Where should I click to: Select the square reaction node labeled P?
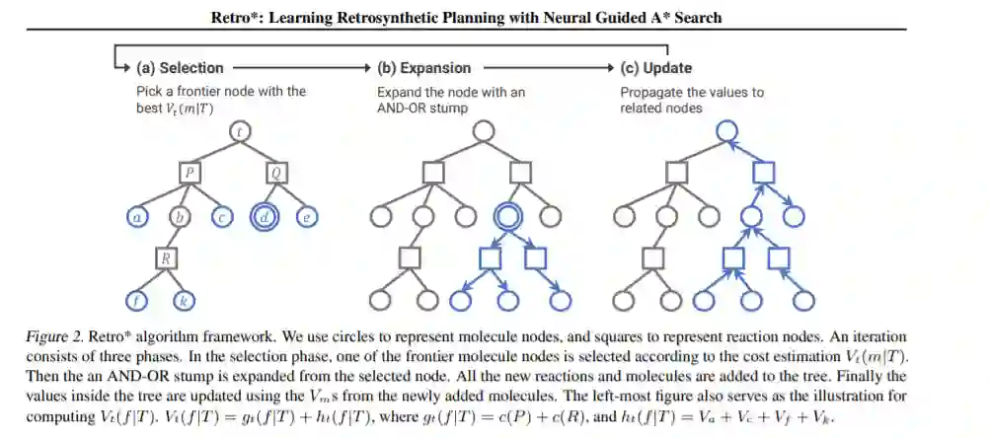point(190,173)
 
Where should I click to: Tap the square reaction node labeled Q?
point(277,173)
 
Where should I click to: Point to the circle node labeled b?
point(180,216)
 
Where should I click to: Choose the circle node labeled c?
point(222,216)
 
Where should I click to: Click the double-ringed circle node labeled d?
point(266,215)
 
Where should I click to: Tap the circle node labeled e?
point(308,216)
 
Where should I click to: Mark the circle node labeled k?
point(183,300)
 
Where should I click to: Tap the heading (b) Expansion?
point(424,68)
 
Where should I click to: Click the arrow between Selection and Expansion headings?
point(301,68)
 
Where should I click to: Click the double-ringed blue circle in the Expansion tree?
point(509,215)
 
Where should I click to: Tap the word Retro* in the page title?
point(234,18)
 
